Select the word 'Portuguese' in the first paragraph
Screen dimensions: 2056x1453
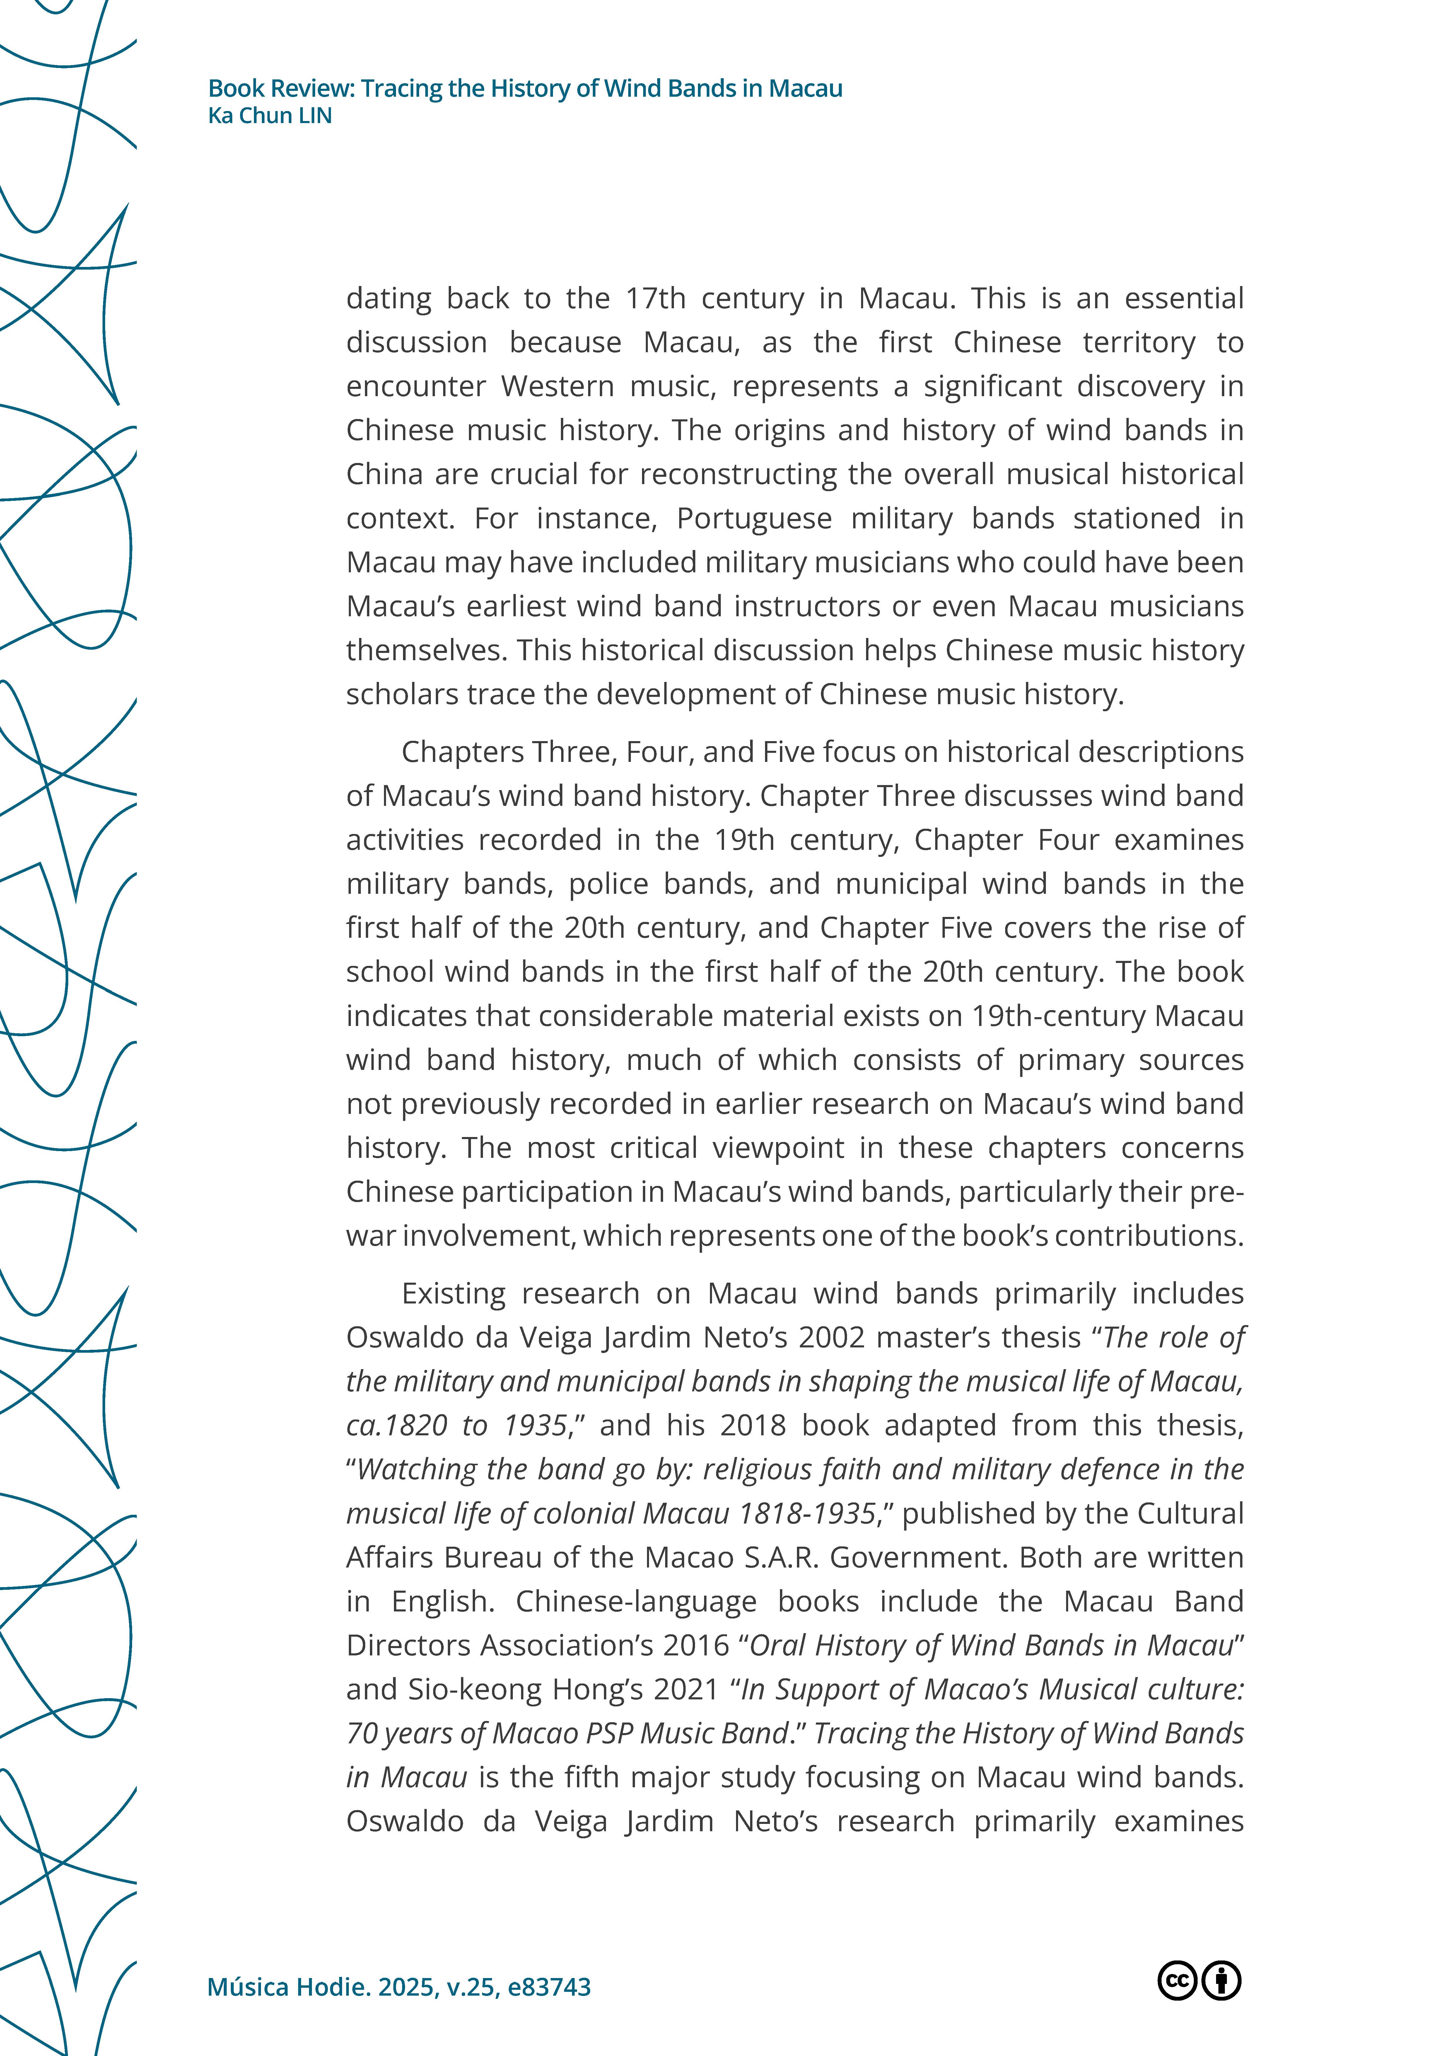point(754,518)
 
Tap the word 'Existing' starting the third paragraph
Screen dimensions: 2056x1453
point(453,1294)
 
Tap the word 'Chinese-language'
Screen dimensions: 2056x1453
point(636,1601)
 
